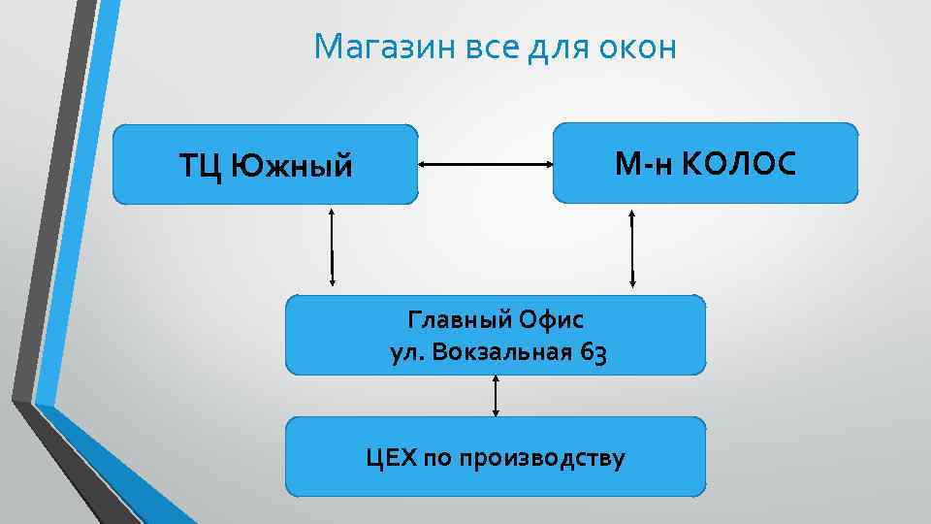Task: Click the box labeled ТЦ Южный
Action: [x=266, y=164]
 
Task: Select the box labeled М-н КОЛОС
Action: [x=705, y=163]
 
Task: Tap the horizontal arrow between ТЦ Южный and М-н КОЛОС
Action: [x=485, y=165]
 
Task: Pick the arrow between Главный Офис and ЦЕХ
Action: [x=496, y=396]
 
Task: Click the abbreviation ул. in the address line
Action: [x=405, y=353]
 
